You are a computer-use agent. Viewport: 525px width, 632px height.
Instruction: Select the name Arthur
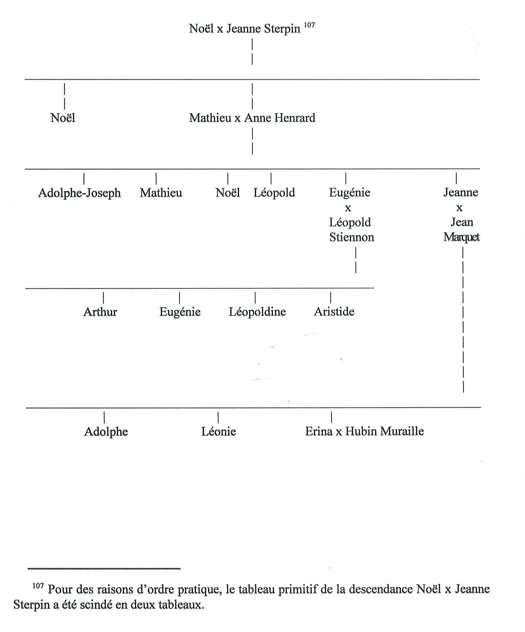pyautogui.click(x=100, y=312)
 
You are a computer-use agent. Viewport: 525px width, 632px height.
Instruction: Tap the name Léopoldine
pyautogui.click(x=257, y=312)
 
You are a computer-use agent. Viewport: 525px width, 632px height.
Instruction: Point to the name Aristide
pyautogui.click(x=334, y=311)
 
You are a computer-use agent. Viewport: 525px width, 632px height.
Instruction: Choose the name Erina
pyautogui.click(x=319, y=431)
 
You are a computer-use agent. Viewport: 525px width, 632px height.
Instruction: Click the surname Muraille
pyautogui.click(x=402, y=431)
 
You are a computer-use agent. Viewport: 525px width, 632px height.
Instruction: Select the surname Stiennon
pyautogui.click(x=352, y=237)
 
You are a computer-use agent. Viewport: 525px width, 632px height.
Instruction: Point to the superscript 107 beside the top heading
pyautogui.click(x=309, y=25)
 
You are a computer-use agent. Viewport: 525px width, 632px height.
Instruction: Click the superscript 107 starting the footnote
pyautogui.click(x=38, y=586)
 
